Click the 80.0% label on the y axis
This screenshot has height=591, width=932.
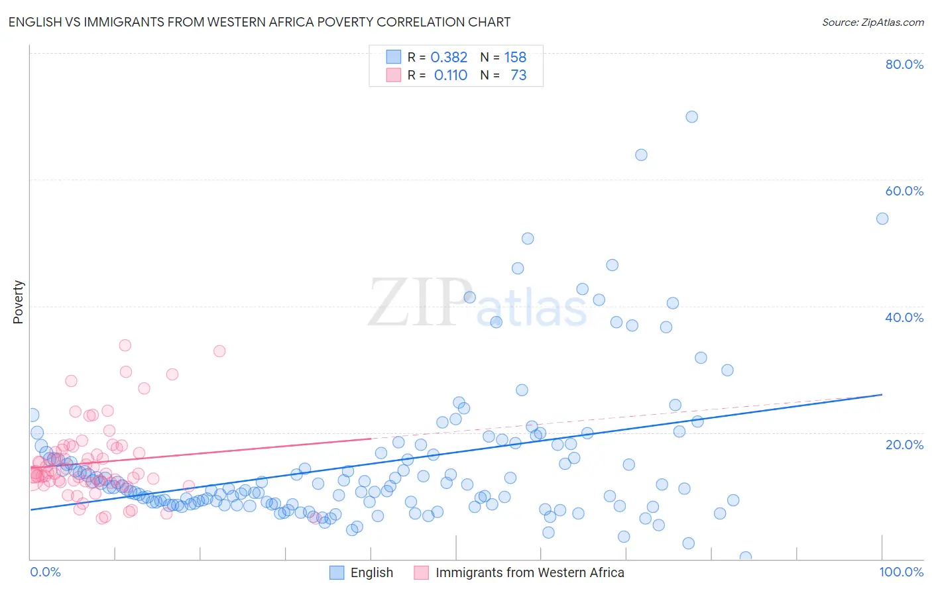click(x=904, y=64)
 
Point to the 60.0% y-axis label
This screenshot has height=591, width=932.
click(x=904, y=191)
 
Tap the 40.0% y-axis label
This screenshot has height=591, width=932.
click(x=904, y=317)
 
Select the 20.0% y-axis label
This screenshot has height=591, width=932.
click(x=904, y=445)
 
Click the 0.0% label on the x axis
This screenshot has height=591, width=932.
click(x=45, y=572)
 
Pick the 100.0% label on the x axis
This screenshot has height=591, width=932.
click(x=901, y=572)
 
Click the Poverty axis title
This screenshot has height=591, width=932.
click(x=18, y=302)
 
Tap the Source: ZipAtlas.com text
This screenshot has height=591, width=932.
click(x=872, y=22)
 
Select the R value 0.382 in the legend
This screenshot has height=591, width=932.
click(x=449, y=58)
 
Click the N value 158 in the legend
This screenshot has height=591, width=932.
click(x=515, y=58)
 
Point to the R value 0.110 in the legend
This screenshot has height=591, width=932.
click(x=450, y=76)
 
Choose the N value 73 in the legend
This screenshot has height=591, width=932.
click(x=518, y=76)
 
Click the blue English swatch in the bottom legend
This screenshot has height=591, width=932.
click(x=337, y=572)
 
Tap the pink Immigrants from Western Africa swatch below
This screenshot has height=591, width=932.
click(x=422, y=572)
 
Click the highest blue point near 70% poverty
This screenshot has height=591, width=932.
click(x=691, y=117)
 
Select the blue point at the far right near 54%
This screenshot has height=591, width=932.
click(x=882, y=219)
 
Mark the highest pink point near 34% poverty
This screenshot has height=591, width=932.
click(x=125, y=345)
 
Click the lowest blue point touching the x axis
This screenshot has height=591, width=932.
click(x=745, y=557)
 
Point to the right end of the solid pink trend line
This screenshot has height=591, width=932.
click(x=371, y=439)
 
